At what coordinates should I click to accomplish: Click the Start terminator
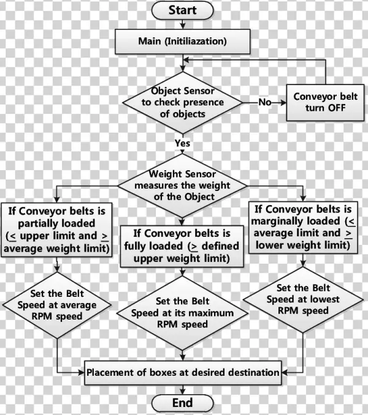coord(182,10)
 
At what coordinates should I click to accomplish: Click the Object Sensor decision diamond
coord(182,102)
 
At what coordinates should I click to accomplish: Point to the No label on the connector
coord(264,102)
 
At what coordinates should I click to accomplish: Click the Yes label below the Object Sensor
coord(182,143)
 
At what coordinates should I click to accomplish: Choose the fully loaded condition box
coord(182,245)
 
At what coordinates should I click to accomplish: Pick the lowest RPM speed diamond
coord(301,299)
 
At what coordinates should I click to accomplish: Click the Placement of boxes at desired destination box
coord(182,372)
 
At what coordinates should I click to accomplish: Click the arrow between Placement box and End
coord(182,389)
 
